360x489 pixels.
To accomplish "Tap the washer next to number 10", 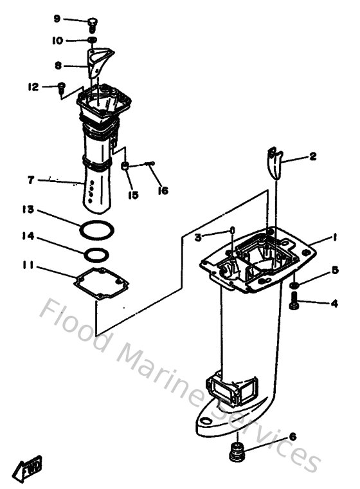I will click(93, 41).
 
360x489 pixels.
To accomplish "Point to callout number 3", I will click(199, 237).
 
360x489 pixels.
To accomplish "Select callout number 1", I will click(335, 237).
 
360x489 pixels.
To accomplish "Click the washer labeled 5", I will click(294, 285).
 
